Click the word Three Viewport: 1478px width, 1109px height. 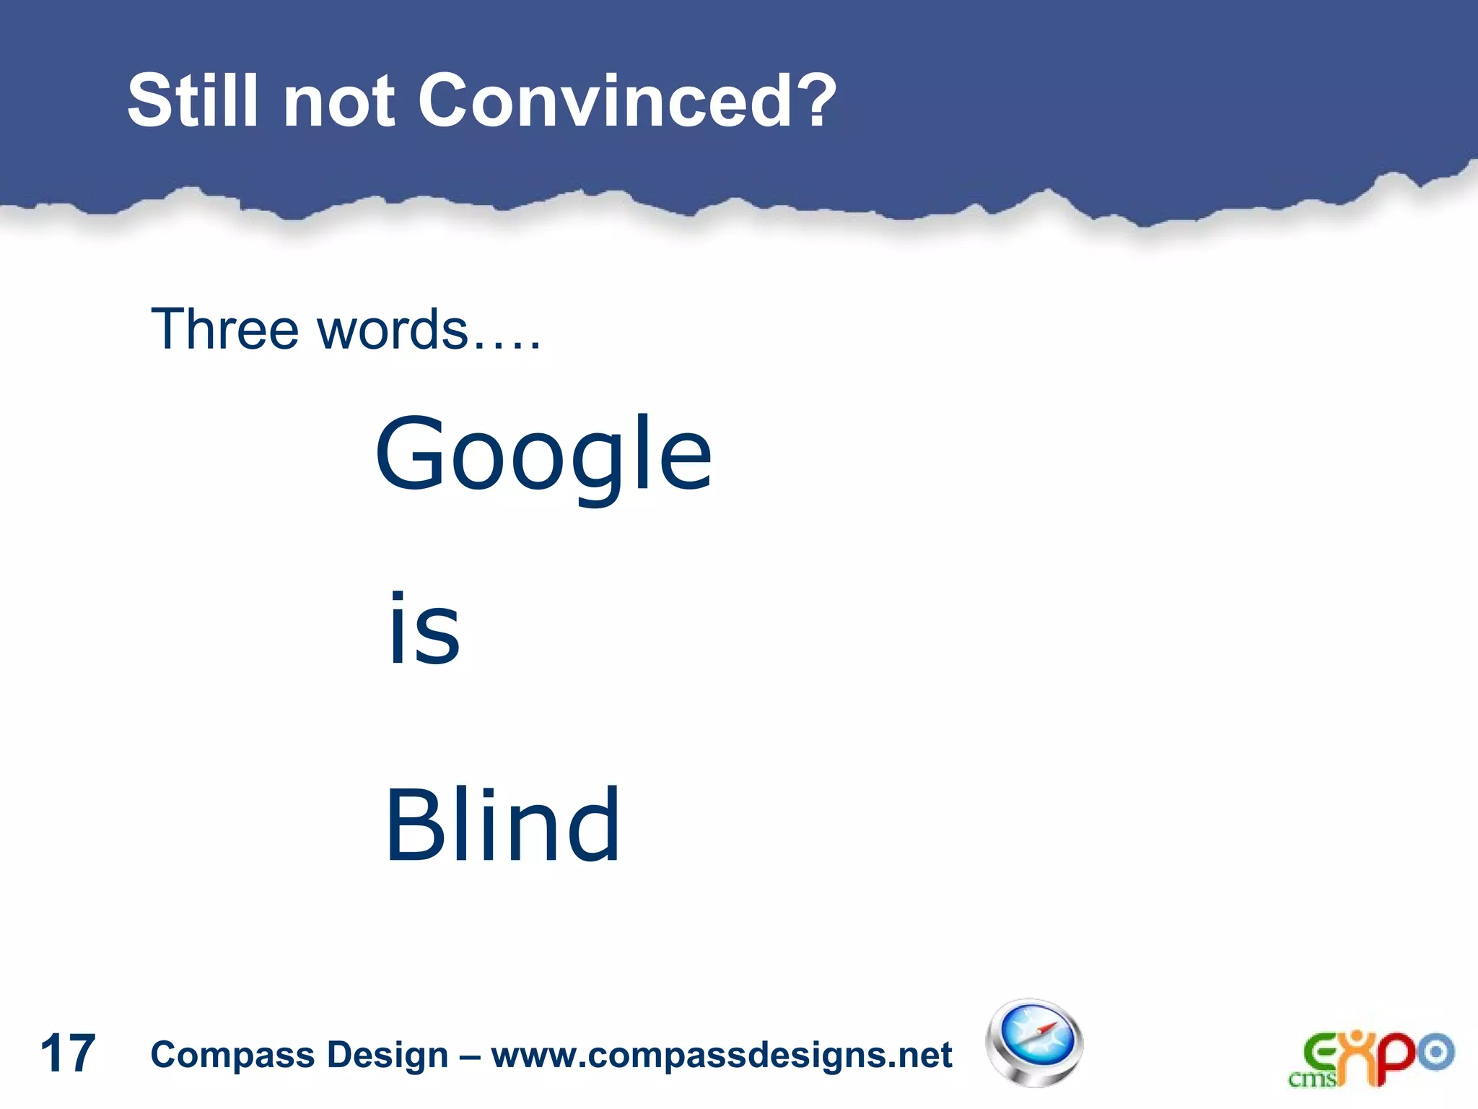[224, 329]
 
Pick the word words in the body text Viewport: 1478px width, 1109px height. [393, 329]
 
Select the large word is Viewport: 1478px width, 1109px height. [424, 628]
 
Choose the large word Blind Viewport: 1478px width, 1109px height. [502, 825]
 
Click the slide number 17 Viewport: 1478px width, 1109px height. [68, 1053]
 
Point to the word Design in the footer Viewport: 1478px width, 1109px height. [388, 1055]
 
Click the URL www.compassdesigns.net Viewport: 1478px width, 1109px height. [722, 1055]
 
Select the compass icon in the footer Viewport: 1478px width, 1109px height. [1034, 1043]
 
